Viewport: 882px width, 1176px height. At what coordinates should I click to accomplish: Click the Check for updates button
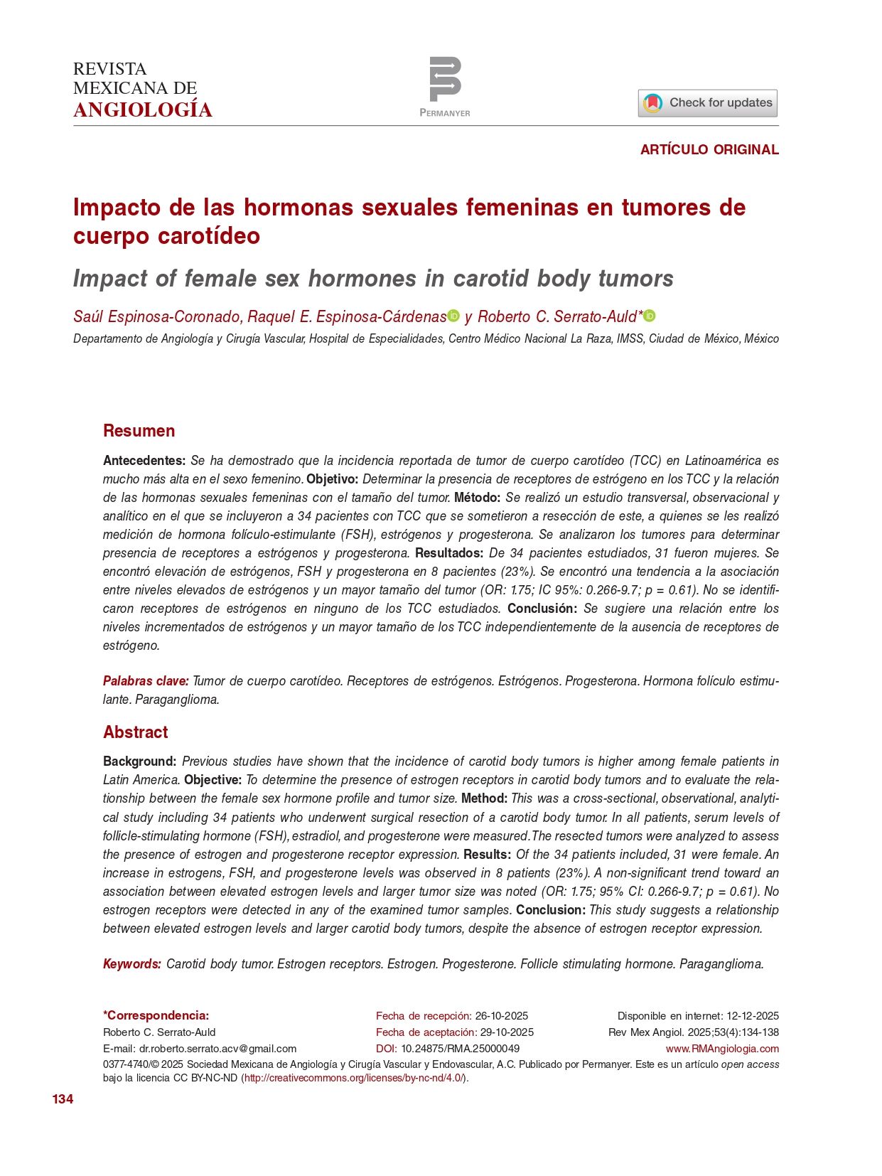click(707, 103)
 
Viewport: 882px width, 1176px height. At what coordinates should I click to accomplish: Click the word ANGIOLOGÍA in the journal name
click(143, 110)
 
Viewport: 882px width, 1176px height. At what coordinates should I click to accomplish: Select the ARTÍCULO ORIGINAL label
click(709, 149)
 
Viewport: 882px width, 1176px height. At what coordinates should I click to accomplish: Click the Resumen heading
click(139, 431)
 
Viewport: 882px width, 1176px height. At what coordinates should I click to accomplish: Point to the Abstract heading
click(135, 732)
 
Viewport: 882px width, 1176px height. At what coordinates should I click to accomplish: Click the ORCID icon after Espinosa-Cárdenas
click(453, 316)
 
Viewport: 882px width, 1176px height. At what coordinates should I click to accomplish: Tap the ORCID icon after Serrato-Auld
click(649, 316)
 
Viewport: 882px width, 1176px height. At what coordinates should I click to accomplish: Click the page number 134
click(63, 1099)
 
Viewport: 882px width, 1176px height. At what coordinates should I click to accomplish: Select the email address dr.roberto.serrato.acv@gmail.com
click(217, 1049)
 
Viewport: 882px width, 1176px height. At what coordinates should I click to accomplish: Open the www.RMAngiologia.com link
click(722, 1049)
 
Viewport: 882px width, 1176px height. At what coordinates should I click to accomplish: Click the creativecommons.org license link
click(354, 1078)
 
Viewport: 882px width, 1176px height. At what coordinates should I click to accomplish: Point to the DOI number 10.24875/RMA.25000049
click(460, 1049)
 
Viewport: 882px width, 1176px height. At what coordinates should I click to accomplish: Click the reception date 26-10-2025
click(501, 1016)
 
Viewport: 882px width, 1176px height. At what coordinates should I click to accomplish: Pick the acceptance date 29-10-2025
click(507, 1032)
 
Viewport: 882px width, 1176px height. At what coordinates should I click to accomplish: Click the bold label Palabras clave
click(146, 681)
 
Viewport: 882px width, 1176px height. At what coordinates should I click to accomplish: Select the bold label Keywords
click(132, 964)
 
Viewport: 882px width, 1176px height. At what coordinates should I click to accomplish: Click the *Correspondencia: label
click(156, 1016)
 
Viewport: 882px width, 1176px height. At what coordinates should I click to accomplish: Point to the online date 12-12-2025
click(752, 1016)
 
